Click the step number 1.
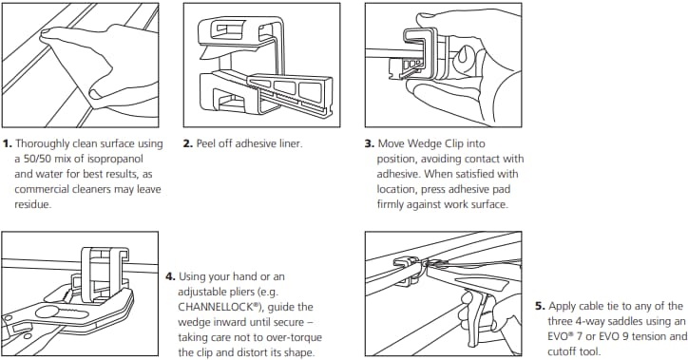click(8, 144)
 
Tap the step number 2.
click(188, 144)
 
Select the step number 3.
click(371, 144)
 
